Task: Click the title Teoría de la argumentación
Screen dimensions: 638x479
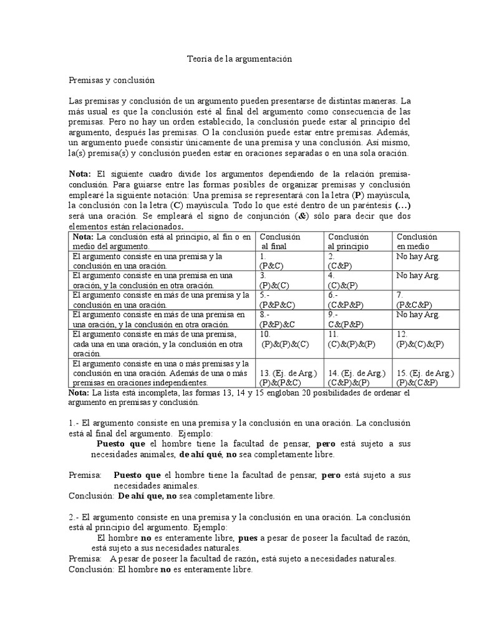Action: pos(239,59)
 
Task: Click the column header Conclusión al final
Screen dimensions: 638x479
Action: pos(280,242)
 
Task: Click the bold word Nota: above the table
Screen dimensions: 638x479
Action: pos(79,173)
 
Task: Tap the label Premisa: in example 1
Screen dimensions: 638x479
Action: pos(85,475)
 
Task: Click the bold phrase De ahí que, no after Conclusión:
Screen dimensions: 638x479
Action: pos(148,496)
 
